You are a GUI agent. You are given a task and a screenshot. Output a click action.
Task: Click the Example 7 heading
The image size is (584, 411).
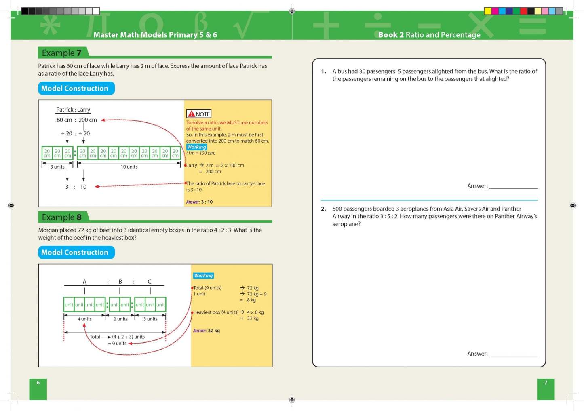click(x=61, y=53)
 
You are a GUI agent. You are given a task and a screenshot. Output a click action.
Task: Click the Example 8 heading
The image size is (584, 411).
click(x=61, y=217)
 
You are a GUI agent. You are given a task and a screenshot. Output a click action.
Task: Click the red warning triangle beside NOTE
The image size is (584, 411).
click(x=192, y=114)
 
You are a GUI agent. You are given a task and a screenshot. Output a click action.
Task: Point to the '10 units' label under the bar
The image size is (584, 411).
click(x=129, y=167)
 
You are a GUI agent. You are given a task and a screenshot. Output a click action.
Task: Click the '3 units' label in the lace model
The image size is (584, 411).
click(x=57, y=167)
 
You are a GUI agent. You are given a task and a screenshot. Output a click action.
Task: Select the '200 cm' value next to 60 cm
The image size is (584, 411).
click(x=88, y=120)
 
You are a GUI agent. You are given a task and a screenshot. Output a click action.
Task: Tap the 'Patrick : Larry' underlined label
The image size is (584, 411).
click(x=73, y=110)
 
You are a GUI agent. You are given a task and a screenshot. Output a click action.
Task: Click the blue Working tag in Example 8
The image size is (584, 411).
click(x=203, y=276)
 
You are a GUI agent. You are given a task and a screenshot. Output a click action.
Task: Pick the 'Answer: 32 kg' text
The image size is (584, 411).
click(x=207, y=331)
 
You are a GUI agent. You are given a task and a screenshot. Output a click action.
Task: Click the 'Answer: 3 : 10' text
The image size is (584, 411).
click(x=199, y=202)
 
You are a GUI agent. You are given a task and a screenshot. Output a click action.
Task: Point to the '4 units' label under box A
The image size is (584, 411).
click(x=84, y=319)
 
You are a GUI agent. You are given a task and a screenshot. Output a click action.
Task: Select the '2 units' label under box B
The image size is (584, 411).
click(x=120, y=319)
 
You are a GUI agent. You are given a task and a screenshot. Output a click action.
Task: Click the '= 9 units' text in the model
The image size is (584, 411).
click(x=117, y=344)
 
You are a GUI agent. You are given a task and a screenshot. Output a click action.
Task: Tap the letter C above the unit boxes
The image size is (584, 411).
click(x=150, y=282)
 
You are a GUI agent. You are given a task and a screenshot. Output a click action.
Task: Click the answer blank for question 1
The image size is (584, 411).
click(x=513, y=186)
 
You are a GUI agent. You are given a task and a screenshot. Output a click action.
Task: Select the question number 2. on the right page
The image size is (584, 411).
click(x=323, y=209)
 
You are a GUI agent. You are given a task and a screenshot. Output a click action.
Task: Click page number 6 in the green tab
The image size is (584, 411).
click(x=38, y=383)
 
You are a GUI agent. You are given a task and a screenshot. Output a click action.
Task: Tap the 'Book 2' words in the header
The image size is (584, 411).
click(x=391, y=35)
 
